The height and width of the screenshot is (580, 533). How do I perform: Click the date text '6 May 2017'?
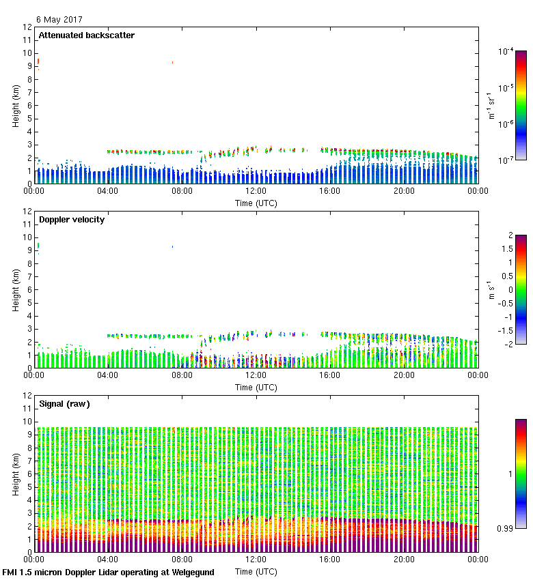click(59, 19)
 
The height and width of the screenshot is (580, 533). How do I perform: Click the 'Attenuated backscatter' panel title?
click(86, 35)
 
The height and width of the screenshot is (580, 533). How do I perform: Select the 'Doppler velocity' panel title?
click(71, 220)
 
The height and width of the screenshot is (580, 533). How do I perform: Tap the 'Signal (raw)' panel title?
click(64, 404)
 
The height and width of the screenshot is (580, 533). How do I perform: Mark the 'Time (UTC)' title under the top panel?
click(256, 203)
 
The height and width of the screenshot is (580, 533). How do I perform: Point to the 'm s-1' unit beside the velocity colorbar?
click(491, 290)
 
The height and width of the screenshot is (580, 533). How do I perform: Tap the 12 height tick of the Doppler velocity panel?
click(28, 212)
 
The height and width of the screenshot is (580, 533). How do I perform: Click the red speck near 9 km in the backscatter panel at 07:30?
click(172, 62)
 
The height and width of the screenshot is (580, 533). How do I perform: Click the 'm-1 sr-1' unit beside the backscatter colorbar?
click(491, 106)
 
